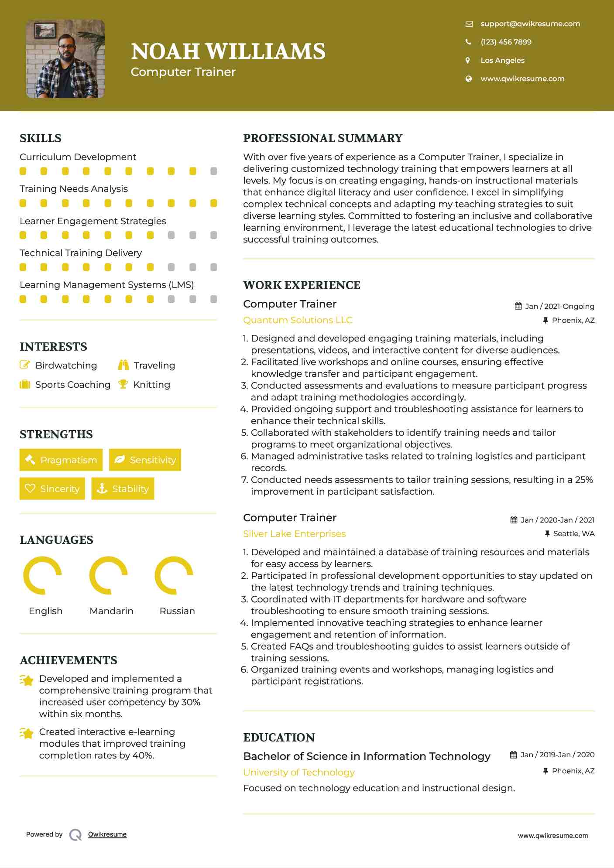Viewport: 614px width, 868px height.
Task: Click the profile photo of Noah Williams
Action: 65,59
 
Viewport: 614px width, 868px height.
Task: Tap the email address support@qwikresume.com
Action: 530,24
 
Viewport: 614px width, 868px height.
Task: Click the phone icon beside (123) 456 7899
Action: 468,42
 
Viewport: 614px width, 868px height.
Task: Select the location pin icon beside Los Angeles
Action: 468,61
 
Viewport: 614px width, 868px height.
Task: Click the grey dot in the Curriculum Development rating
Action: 213,171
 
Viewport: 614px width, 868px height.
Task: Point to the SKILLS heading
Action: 41,138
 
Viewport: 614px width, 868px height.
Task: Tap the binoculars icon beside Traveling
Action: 123,365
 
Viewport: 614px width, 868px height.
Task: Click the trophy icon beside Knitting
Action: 123,384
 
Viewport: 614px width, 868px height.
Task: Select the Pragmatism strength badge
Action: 61,460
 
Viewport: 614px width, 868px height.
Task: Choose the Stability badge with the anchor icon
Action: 123,489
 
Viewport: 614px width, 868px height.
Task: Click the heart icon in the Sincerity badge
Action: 30,489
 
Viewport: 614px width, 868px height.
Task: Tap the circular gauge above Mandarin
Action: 108,575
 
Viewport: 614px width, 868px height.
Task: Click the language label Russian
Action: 177,611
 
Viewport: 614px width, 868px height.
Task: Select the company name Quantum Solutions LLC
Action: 298,320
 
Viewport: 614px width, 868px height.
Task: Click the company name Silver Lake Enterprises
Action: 294,534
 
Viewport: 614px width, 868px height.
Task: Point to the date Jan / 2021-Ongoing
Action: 559,306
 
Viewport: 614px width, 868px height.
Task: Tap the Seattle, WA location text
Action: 573,533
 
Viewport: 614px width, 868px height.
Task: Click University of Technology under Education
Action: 298,772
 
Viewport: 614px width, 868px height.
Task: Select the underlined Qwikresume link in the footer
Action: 107,834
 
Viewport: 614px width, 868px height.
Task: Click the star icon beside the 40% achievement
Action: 27,734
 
